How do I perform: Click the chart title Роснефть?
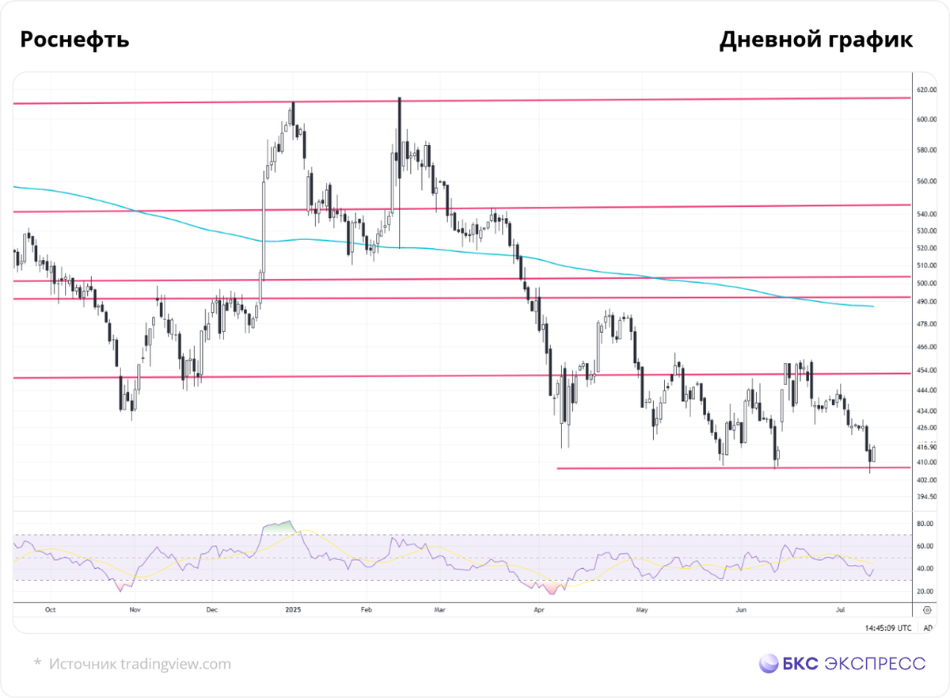74,40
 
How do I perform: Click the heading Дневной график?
816,40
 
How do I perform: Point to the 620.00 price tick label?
927,90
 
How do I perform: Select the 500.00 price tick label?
927,283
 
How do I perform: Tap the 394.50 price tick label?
927,497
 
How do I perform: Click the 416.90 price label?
927,447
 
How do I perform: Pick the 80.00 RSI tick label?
925,524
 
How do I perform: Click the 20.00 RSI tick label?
925,591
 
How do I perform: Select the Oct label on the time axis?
50,610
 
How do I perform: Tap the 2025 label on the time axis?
293,610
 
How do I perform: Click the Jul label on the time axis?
840,610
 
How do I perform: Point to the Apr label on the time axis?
538,610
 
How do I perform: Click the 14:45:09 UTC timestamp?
888,628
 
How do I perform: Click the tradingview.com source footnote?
140,664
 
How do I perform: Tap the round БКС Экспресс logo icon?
769,663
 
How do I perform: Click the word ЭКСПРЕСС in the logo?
875,664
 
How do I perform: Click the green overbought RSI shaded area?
279,528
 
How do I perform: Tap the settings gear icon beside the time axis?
927,610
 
